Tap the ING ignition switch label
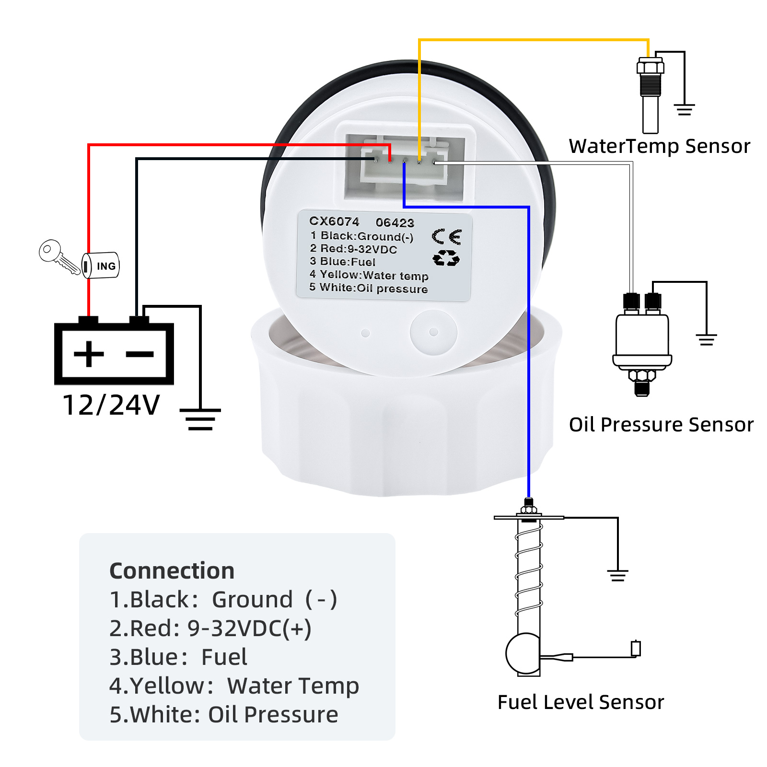[105, 266]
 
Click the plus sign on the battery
[89, 354]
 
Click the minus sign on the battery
[139, 354]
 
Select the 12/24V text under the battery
[111, 405]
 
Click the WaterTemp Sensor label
[659, 146]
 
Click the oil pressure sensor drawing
[642, 343]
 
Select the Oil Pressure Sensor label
[661, 425]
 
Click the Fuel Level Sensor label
[581, 702]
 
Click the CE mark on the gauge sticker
[446, 237]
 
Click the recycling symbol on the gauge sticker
[446, 258]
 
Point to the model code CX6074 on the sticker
[334, 221]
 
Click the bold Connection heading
[172, 571]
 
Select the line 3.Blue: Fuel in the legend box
[178, 657]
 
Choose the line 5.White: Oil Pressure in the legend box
[223, 715]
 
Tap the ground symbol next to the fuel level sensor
[617, 575]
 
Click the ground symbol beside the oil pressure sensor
[706, 339]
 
